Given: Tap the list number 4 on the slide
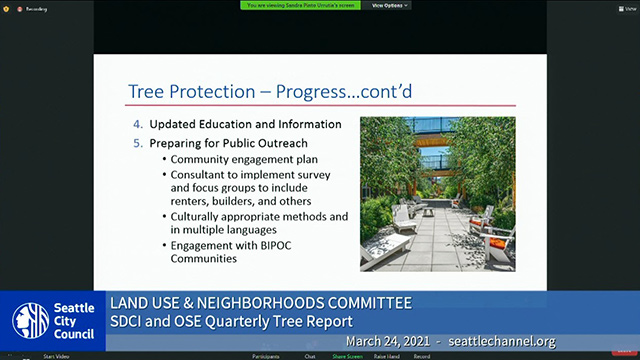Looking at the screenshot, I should pos(139,124).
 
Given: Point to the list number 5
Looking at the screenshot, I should pos(139,142).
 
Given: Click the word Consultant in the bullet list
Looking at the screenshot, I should pos(203,174).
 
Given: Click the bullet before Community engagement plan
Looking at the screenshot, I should pos(163,159).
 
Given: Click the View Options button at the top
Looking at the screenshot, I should pos(391,5).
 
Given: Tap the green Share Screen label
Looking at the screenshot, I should pos(348,355).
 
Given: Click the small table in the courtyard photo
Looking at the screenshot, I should pos(427,211).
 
